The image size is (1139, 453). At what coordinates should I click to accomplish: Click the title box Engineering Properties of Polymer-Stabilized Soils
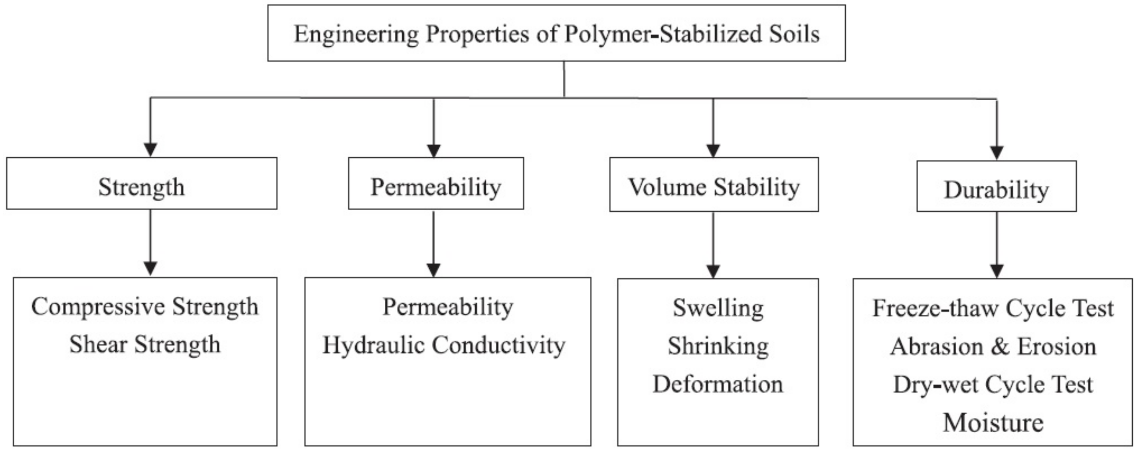[556, 33]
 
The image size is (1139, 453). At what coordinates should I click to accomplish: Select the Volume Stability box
[714, 185]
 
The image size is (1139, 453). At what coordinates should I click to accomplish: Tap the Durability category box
[996, 187]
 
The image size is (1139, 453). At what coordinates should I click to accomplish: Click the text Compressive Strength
[144, 306]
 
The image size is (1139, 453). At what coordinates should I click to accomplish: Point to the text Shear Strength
[144, 345]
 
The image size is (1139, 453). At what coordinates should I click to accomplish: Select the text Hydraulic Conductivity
[443, 346]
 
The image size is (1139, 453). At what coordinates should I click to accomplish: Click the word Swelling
[718, 308]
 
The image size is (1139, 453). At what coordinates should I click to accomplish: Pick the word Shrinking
[718, 346]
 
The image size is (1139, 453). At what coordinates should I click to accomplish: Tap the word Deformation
[718, 384]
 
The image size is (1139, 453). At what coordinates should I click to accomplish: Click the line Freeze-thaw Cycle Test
[993, 308]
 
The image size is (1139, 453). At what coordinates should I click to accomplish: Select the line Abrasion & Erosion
[993, 346]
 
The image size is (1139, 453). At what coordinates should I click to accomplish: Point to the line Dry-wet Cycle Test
[993, 384]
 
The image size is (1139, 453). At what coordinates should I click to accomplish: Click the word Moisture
[993, 423]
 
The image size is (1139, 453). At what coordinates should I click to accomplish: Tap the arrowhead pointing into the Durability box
[996, 153]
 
